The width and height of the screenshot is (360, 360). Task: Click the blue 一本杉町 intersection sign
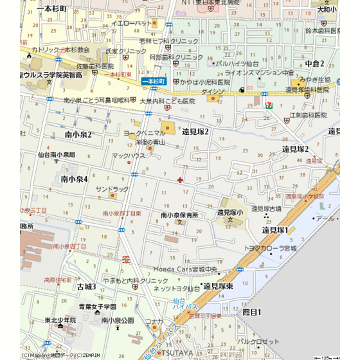pyautogui.click(x=154, y=82)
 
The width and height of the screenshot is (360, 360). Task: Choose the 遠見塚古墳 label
pyautogui.click(x=266, y=208)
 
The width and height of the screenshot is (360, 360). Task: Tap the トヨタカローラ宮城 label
pyautogui.click(x=270, y=248)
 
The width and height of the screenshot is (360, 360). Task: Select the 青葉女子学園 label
pyautogui.click(x=98, y=307)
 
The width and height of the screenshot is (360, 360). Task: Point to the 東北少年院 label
pyautogui.click(x=60, y=319)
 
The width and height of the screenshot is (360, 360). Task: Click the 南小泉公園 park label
pyautogui.click(x=118, y=319)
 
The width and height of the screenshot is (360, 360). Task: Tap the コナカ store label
pyautogui.click(x=154, y=321)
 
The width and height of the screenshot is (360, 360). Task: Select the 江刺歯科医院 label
pyautogui.click(x=308, y=115)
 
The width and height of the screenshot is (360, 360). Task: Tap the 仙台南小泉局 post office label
pyautogui.click(x=57, y=154)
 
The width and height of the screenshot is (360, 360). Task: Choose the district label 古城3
pyautogui.click(x=86, y=287)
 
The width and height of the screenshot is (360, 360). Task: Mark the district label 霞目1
pyautogui.click(x=252, y=312)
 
